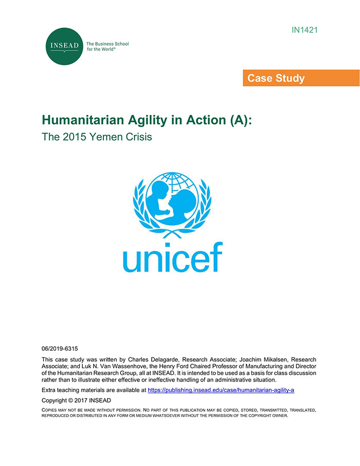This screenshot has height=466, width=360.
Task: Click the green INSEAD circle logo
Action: tap(64, 46)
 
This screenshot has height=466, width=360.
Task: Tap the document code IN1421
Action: tap(304, 30)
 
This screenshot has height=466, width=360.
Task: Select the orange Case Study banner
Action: tap(301, 78)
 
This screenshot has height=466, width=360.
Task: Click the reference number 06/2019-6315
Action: tap(60, 348)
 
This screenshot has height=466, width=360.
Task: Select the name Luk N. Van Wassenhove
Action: tap(106, 366)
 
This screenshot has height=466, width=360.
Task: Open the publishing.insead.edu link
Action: tap(221, 390)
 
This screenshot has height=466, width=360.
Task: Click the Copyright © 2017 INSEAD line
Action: tap(76, 400)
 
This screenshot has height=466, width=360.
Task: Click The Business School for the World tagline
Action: tap(107, 47)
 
